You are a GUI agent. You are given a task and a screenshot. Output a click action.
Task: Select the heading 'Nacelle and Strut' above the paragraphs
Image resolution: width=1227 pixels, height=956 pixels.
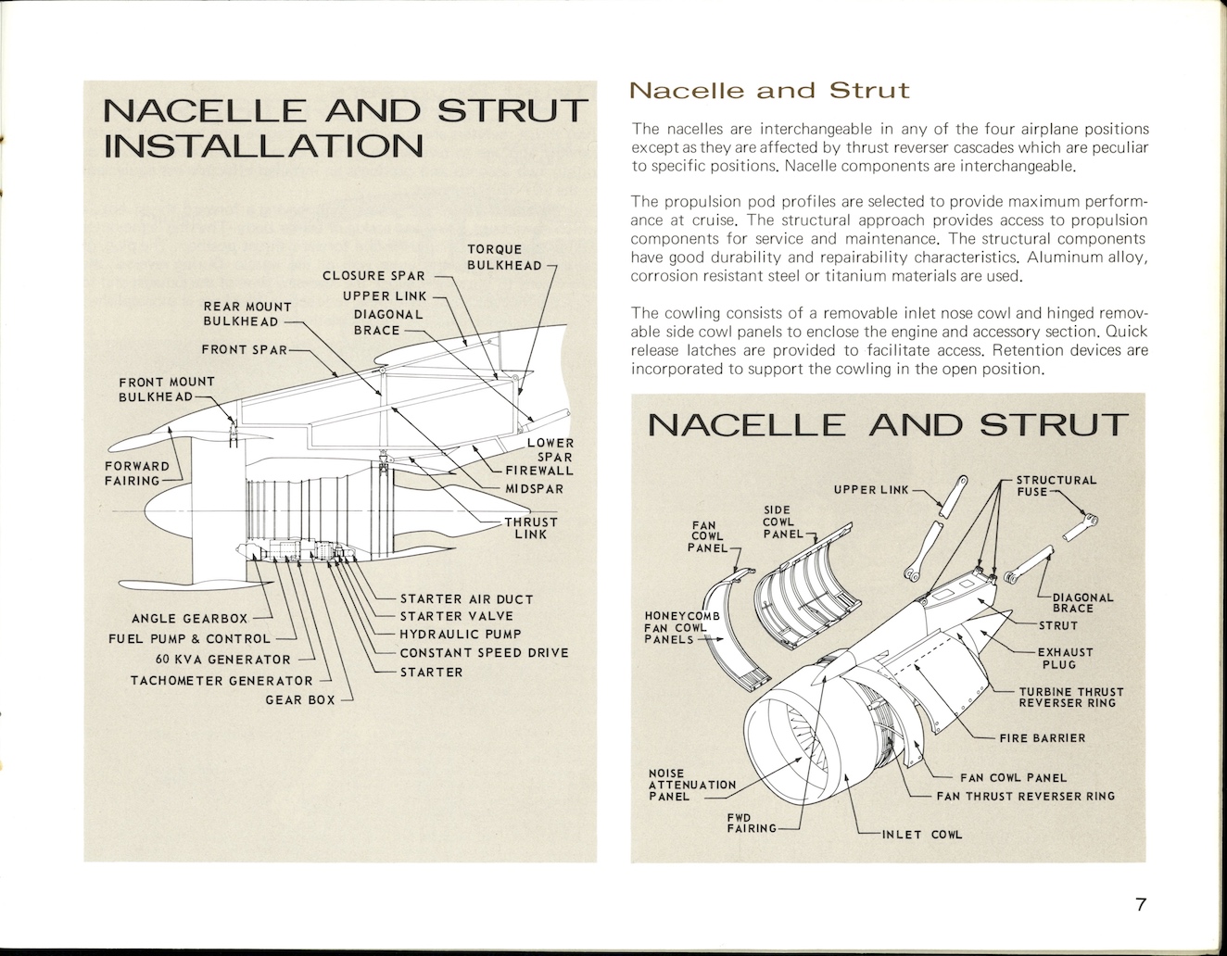(x=769, y=91)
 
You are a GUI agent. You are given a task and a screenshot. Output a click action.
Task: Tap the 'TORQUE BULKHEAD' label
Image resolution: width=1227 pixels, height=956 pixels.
(x=504, y=258)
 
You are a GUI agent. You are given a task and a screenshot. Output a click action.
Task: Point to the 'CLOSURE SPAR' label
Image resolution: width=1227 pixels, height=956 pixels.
(x=373, y=275)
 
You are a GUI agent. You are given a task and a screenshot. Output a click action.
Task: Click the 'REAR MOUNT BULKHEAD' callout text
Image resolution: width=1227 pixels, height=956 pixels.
(x=247, y=314)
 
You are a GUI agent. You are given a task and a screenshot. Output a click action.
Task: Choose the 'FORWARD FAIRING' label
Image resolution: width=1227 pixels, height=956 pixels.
(x=137, y=473)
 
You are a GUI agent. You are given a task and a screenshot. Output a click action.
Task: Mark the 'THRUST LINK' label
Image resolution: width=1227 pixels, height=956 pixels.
(x=531, y=527)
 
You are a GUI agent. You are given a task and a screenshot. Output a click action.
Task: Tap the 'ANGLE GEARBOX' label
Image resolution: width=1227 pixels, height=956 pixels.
(x=190, y=618)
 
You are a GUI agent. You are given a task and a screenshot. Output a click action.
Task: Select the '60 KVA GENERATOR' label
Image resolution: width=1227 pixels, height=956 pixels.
(x=223, y=660)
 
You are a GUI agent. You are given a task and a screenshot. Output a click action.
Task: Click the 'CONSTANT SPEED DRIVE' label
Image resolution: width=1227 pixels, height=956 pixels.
(x=484, y=652)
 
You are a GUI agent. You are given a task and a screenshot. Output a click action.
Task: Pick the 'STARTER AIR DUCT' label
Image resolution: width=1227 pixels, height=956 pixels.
(x=466, y=598)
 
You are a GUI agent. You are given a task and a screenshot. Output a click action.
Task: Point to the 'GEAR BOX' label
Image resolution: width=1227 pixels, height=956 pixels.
(x=300, y=699)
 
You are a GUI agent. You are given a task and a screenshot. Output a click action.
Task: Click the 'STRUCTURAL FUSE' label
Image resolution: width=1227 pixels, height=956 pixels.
(x=1056, y=485)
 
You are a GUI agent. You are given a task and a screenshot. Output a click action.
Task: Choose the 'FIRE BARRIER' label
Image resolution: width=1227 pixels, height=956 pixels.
(x=1042, y=738)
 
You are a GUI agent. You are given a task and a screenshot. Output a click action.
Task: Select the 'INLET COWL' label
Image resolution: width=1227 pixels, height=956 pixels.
(x=921, y=835)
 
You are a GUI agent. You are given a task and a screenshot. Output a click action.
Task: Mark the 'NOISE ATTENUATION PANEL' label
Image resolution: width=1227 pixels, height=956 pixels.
(x=691, y=785)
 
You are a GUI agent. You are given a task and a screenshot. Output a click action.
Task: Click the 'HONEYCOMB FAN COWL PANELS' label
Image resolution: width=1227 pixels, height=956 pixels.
(x=675, y=627)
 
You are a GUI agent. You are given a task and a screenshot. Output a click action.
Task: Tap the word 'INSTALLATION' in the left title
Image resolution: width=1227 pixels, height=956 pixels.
(x=263, y=145)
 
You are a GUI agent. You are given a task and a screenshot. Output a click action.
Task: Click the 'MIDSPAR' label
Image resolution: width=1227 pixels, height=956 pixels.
(x=534, y=489)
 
